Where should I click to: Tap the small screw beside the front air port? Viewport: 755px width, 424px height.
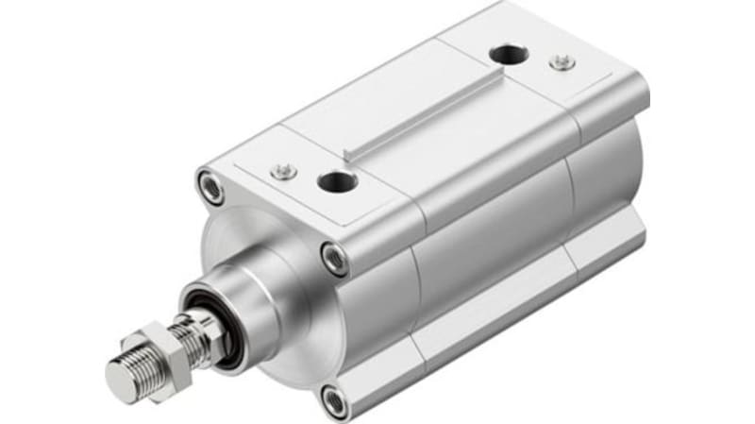coord(281,170)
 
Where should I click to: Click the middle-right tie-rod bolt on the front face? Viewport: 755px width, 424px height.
coord(333,256)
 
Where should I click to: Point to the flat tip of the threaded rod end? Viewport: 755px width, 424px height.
coord(120,379)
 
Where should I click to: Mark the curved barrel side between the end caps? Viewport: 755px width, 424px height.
coord(472,255)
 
